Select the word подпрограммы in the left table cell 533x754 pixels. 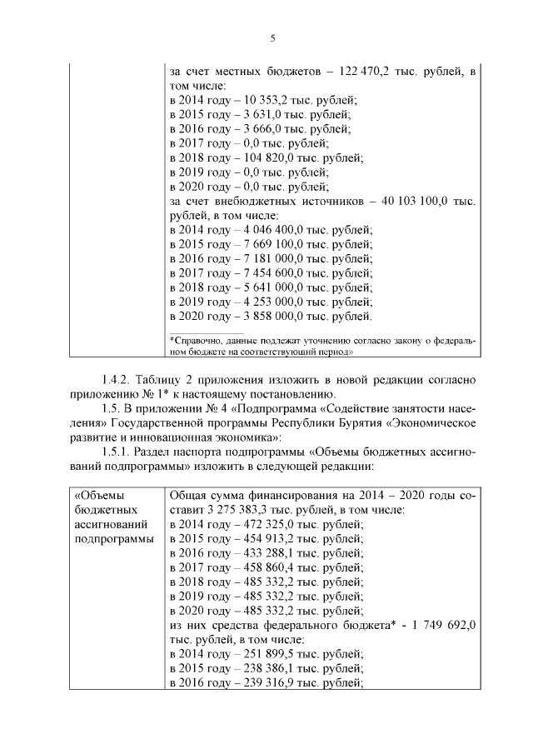click(114, 539)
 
